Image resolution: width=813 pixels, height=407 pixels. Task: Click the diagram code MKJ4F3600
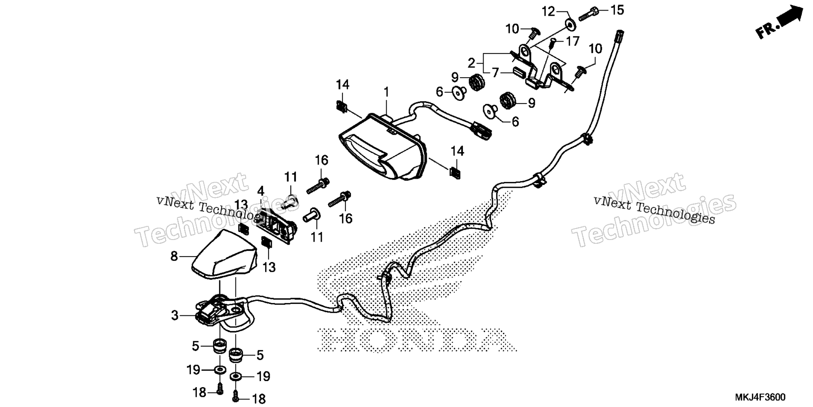[760, 397]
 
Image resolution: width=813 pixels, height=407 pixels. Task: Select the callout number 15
[617, 10]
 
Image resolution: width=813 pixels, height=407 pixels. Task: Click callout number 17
[572, 42]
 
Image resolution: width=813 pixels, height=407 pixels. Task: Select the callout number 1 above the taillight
[386, 92]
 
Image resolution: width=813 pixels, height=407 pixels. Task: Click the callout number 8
[174, 256]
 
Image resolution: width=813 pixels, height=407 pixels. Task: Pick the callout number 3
[175, 315]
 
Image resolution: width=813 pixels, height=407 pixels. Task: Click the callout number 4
[260, 191]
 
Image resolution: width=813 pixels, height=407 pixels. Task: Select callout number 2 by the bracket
[472, 63]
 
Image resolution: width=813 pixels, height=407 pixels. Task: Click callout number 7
[495, 72]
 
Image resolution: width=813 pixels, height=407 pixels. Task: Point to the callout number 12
[549, 11]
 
